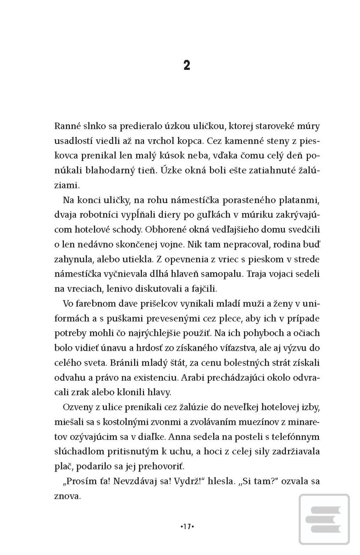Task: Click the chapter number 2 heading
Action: (187, 65)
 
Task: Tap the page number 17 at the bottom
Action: (187, 526)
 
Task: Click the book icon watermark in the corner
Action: (325, 519)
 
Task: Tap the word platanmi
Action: (301, 200)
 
